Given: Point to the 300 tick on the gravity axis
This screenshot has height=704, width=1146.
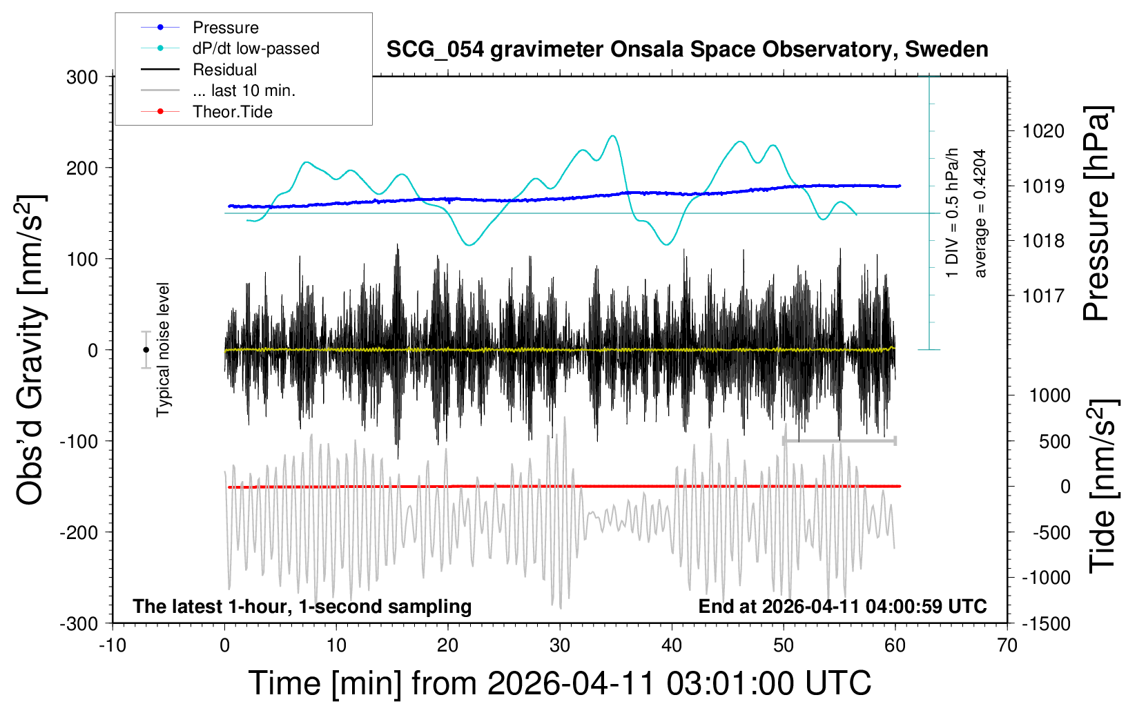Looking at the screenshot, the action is click(x=82, y=77).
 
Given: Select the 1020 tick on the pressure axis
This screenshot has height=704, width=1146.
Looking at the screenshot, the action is click(x=1043, y=132).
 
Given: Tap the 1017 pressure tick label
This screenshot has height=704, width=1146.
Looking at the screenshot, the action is click(x=1043, y=295).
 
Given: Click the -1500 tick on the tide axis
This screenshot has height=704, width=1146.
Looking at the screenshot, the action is click(x=1046, y=624).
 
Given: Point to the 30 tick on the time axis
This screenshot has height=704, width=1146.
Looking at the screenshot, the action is click(x=560, y=645).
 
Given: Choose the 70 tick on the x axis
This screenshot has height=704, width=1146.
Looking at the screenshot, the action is click(x=1007, y=645).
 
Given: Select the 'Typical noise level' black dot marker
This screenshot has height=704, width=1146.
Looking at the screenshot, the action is click(x=146, y=350).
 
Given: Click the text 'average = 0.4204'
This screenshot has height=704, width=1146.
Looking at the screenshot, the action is click(x=979, y=213).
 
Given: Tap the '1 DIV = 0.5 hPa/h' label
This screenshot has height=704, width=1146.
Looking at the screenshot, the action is click(x=951, y=213).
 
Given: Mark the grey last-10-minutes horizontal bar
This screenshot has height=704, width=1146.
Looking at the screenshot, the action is click(x=839, y=440).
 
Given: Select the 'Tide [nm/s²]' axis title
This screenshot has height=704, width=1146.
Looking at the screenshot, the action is click(x=1103, y=487).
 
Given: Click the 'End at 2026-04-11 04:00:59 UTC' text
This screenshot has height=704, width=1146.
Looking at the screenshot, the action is click(x=843, y=606).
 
